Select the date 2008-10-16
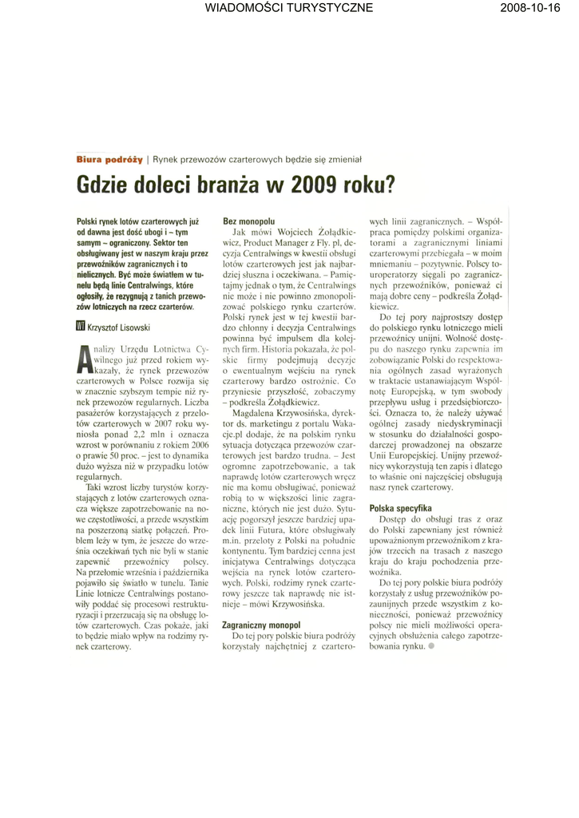point(531,8)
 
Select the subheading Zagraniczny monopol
point(261,625)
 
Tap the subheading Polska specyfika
point(400,508)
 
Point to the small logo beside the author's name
point(80,326)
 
